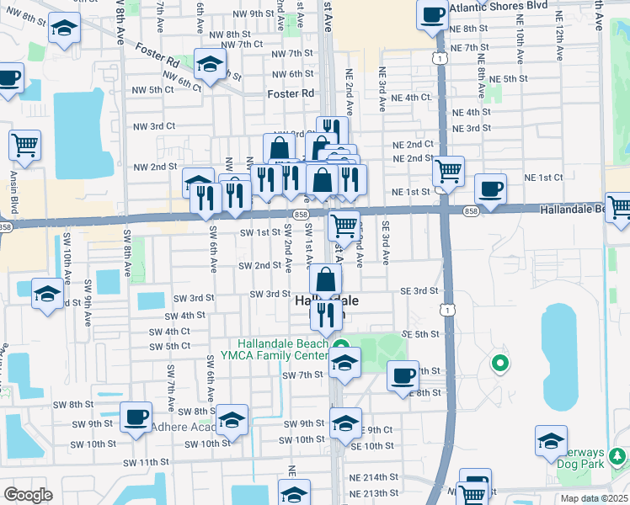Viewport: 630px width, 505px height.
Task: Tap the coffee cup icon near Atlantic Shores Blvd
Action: pyautogui.click(x=433, y=14)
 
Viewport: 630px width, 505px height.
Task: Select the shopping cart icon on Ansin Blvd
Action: pyautogui.click(x=25, y=144)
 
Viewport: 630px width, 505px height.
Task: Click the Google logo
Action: pyautogui.click(x=27, y=495)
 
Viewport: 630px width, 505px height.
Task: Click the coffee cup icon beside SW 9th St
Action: pyautogui.click(x=135, y=417)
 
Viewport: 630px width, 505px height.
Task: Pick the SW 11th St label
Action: pyautogui.click(x=142, y=462)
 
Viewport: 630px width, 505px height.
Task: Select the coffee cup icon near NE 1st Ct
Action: pyautogui.click(x=490, y=188)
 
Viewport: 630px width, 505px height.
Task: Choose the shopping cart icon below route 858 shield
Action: pyautogui.click(x=344, y=225)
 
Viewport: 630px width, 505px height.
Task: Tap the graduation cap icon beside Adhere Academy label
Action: pyautogui.click(x=232, y=419)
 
